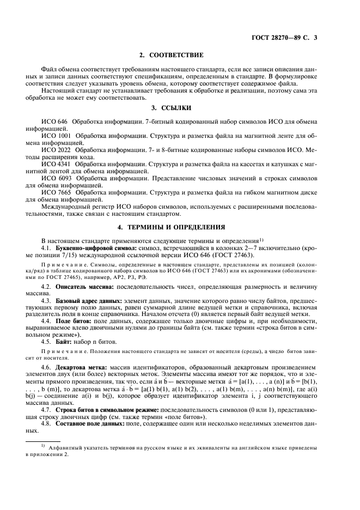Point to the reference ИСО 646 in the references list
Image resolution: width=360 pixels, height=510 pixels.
pyautogui.click(x=53, y=120)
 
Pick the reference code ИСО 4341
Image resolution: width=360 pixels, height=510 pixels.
pyautogui.click(x=54, y=164)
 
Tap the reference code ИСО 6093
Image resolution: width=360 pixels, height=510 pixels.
pyautogui.click(x=54, y=178)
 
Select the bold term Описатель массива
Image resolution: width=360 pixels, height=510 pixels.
pyautogui.click(x=80, y=286)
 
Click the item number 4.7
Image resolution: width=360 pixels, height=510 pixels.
pyautogui.click(x=46, y=409)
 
